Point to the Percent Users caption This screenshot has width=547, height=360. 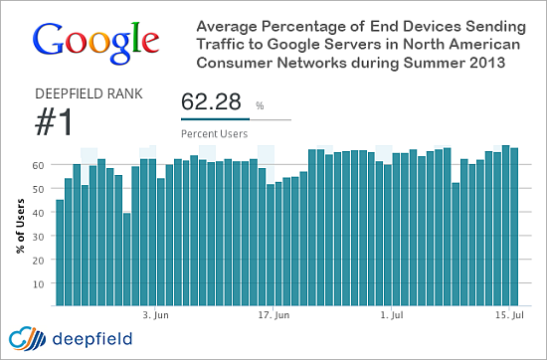213,131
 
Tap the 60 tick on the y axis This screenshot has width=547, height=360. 38,165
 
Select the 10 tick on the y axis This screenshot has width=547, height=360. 38,283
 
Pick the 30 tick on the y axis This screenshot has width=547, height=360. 38,236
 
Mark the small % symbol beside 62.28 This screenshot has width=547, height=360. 260,103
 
